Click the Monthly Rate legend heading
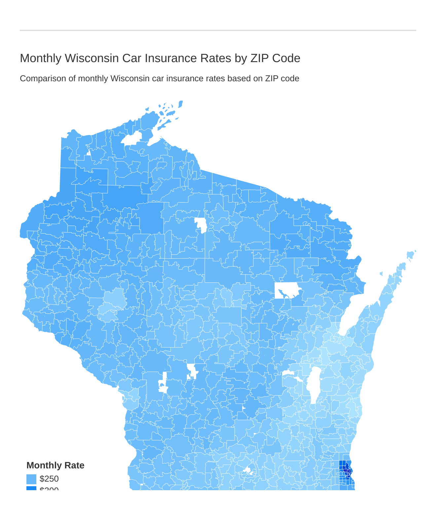[55, 465]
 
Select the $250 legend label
[49, 479]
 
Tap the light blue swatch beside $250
[31, 479]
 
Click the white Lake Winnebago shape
[313, 383]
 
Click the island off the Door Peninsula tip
[410, 255]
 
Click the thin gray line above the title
[218, 30]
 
